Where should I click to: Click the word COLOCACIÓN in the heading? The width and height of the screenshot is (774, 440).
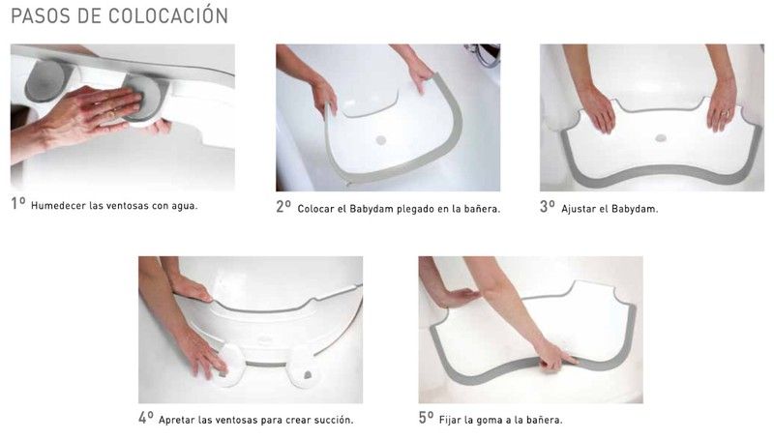click(168, 15)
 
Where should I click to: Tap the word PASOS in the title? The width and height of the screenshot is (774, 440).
click(40, 15)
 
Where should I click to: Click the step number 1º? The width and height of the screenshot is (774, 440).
click(18, 203)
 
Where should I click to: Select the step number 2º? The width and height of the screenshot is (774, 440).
click(283, 207)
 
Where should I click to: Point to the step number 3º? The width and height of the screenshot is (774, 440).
click(548, 207)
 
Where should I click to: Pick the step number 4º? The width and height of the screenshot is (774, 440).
click(146, 419)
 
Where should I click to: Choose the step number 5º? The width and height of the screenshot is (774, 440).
click(427, 419)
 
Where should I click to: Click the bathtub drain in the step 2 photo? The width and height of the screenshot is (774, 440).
click(380, 140)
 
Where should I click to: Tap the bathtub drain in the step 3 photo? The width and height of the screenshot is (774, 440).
click(661, 138)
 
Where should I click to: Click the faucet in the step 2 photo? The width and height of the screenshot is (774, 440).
click(482, 54)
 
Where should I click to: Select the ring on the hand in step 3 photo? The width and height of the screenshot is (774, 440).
click(725, 113)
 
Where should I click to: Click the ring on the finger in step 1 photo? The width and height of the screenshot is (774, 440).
click(111, 115)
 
